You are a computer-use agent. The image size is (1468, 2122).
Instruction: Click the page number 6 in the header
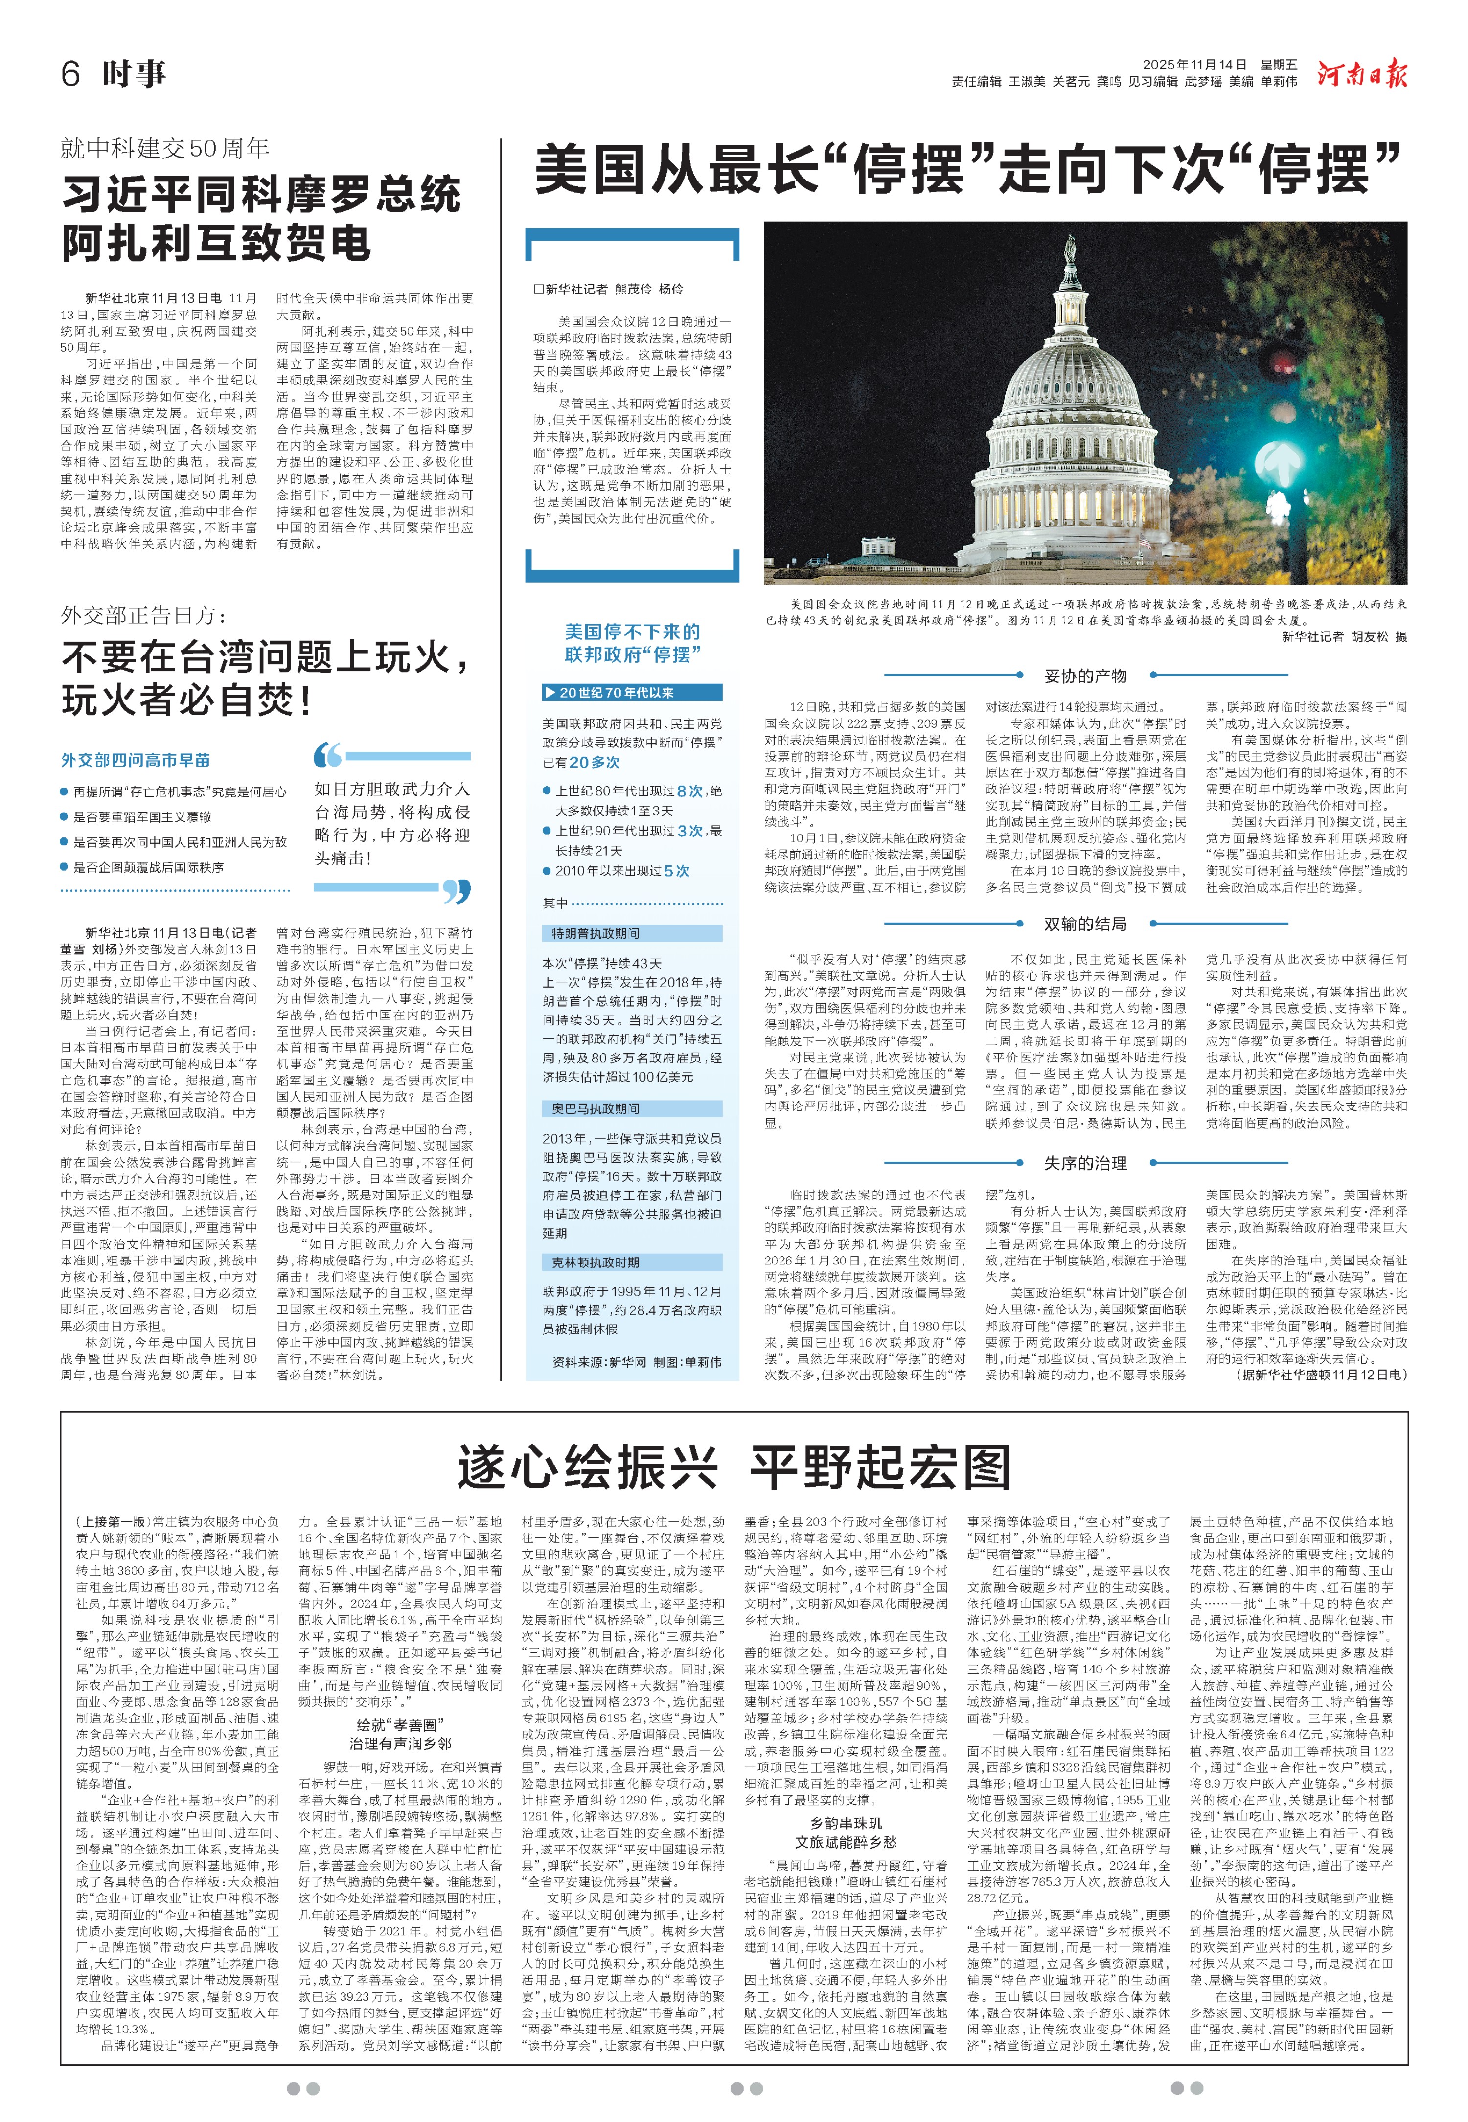pyautogui.click(x=71, y=73)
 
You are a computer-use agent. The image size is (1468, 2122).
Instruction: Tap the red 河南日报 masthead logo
pyautogui.click(x=1361, y=73)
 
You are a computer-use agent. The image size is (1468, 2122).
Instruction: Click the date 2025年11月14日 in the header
pyautogui.click(x=1194, y=65)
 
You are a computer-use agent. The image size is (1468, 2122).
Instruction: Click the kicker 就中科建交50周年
pyautogui.click(x=165, y=148)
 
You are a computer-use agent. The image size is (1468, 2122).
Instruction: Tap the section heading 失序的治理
pyautogui.click(x=1085, y=1163)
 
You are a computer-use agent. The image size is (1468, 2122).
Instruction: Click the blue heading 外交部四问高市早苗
pyautogui.click(x=136, y=760)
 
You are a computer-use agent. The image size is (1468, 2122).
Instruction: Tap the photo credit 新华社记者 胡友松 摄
pyautogui.click(x=1344, y=636)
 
